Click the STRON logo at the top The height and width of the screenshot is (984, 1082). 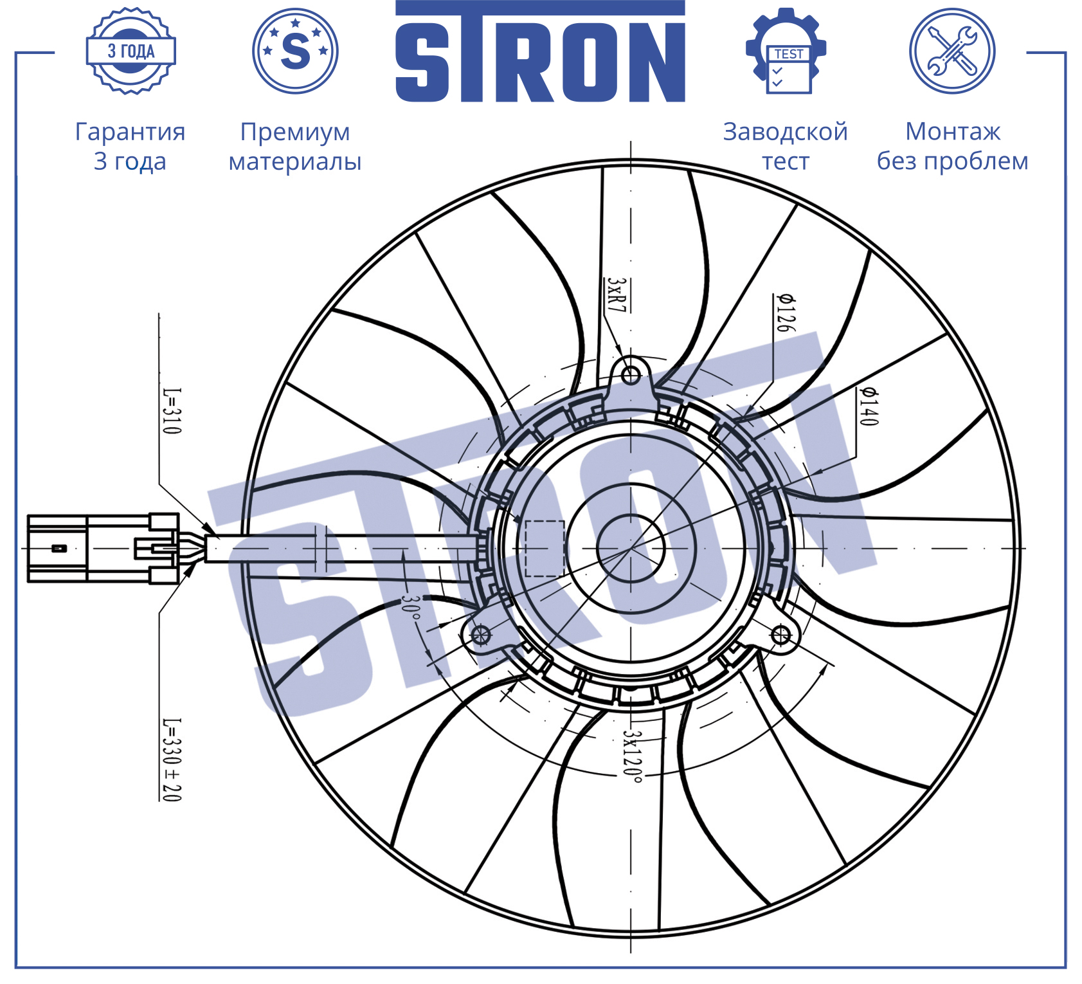pos(540,51)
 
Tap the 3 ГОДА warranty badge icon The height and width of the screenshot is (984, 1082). pos(131,51)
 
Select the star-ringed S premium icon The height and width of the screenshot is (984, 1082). pos(295,51)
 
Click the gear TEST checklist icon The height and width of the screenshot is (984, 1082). pos(786,51)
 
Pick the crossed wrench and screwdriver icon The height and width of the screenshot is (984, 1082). pos(952,51)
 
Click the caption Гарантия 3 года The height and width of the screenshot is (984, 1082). pos(131,146)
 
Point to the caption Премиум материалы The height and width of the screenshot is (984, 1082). pos(295,146)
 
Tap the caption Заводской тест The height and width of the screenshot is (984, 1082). pos(786,146)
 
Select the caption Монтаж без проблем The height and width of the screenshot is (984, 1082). pos(953,146)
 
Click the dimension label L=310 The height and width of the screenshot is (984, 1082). pos(172,411)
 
